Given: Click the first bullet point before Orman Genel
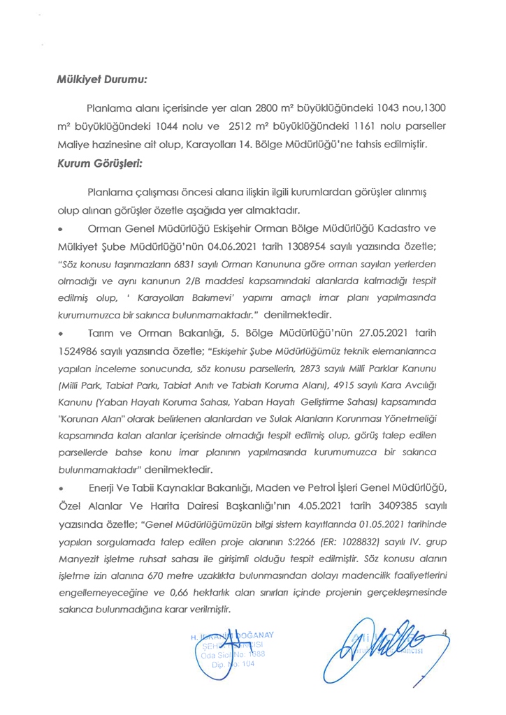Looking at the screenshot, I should coord(62,230).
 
